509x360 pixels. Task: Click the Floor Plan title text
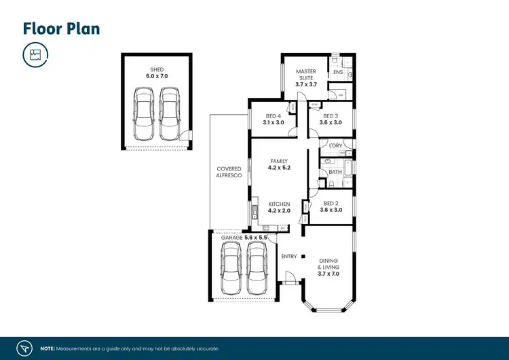(62, 28)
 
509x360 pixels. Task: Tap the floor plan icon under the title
(35, 54)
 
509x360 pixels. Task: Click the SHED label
(157, 70)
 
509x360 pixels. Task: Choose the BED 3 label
(331, 116)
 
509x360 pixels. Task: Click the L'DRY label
(335, 146)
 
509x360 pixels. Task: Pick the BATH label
(335, 173)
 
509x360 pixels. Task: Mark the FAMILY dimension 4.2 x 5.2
(279, 167)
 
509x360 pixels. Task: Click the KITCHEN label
(279, 204)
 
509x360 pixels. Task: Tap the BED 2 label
(331, 204)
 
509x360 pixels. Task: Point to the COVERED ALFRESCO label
(229, 172)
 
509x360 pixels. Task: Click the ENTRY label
(289, 256)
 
